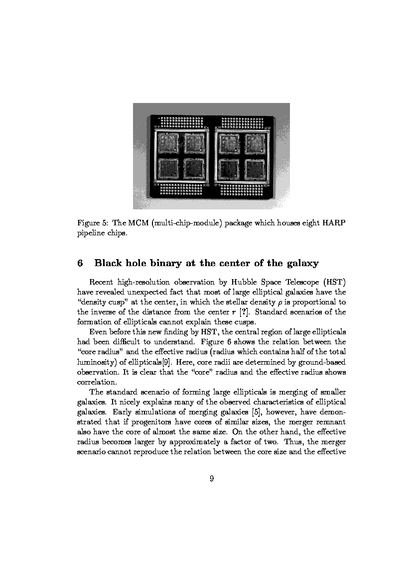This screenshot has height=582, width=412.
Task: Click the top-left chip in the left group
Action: click(x=168, y=143)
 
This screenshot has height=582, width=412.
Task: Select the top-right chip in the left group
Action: click(x=195, y=143)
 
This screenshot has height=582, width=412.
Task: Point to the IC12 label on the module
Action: click(x=268, y=128)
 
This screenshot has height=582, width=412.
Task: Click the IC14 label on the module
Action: click(x=267, y=186)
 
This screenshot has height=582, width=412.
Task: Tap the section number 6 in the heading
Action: click(x=80, y=263)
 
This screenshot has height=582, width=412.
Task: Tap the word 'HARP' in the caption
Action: click(x=334, y=223)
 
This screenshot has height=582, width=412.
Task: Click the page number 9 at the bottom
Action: click(x=212, y=479)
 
